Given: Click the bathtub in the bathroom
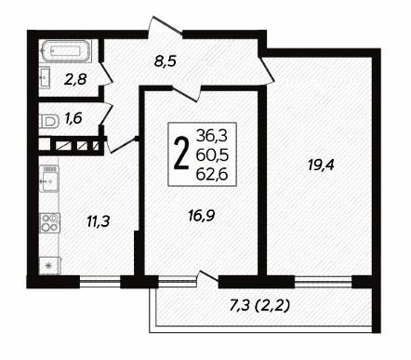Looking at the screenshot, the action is coord(65,50).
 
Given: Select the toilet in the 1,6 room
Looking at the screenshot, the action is coord(49,121).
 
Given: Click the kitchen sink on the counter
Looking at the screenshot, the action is coord(49,179).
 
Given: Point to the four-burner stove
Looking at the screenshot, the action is coord(49,222).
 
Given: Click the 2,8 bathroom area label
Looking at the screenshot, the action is coord(75,80).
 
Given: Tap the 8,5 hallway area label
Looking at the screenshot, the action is coord(166,61).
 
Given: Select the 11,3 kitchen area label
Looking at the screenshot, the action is coord(98,221).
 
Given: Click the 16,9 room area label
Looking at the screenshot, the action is coord(202,216).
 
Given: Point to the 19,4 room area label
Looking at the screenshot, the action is coord(321,165).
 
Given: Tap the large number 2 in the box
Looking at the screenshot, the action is coord(181,153).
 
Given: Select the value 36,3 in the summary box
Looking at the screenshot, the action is coord(212,136).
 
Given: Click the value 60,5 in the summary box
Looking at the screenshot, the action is coord(212,154).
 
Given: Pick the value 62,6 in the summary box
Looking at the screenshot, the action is coord(212,175).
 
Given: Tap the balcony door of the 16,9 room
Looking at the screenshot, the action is coord(208,277).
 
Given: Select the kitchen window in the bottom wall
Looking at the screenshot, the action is coord(100,282).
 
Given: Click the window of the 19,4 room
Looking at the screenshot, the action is coord(324,282).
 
